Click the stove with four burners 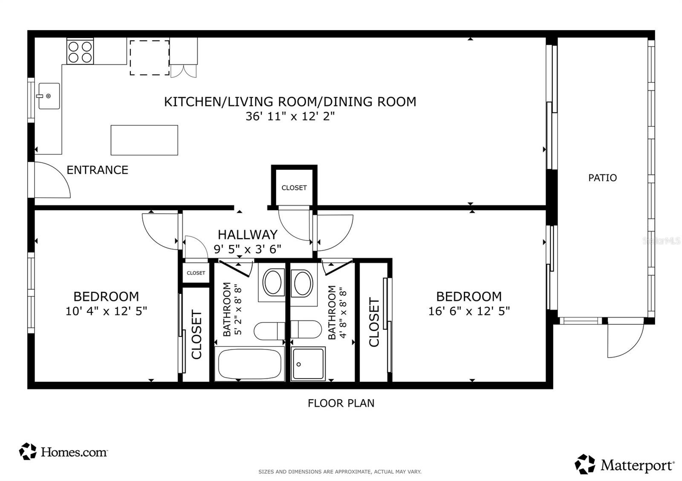pos(80,51)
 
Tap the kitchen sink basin pos(49,96)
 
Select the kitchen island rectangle pos(144,140)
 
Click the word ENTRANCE pos(98,170)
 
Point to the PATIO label pos(603,178)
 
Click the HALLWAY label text pos(248,235)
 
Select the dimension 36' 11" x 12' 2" pos(290,116)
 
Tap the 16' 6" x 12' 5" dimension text pos(469,311)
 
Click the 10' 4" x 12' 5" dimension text pos(106,311)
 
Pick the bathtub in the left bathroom pos(250,364)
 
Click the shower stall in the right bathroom pos(308,364)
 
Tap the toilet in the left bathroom pos(269,331)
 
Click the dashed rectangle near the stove pos(150,57)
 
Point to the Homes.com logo pos(64,452)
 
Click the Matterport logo pos(624,464)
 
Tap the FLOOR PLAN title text pos(341,403)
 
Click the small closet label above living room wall pos(294,188)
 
